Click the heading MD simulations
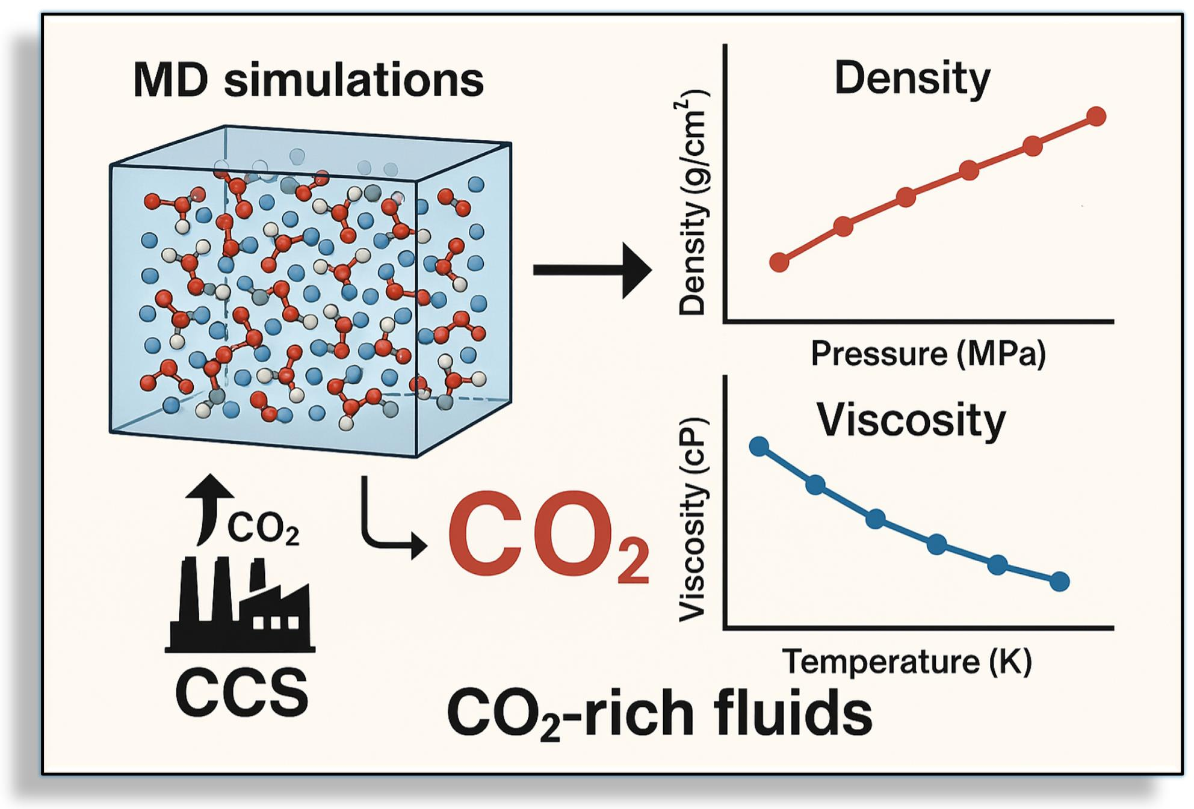tap(308, 80)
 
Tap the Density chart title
tap(912, 79)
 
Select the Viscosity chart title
tap(911, 419)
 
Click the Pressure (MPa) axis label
tap(928, 353)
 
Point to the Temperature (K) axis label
tap(906, 661)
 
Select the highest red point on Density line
tap(1097, 116)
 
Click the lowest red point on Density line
tap(779, 262)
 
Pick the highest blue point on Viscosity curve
tap(759, 446)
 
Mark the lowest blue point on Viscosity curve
tap(1059, 582)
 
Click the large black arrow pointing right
tap(592, 270)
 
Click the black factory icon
tap(240, 605)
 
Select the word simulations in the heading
tap(354, 80)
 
